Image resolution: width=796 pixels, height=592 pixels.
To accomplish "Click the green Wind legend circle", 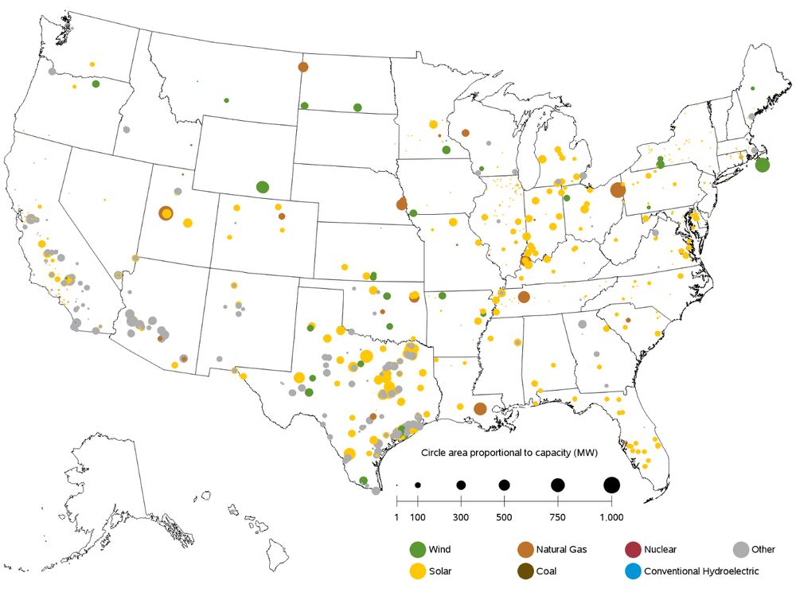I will click(417, 549).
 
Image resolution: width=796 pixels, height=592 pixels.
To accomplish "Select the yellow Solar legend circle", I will click(417, 571).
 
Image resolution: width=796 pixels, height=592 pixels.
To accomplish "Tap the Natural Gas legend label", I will click(562, 549).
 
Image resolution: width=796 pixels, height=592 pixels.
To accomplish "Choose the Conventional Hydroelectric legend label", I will click(701, 571).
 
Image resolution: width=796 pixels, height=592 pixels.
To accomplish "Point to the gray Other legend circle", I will click(741, 549).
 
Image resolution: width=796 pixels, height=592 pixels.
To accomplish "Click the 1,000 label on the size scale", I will click(611, 519).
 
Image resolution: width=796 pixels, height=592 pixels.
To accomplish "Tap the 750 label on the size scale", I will click(557, 519).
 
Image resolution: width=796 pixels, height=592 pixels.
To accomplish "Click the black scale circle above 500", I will click(504, 485).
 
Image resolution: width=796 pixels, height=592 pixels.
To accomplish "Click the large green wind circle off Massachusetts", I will click(762, 166).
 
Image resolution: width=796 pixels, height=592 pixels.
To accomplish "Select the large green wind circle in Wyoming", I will click(263, 188).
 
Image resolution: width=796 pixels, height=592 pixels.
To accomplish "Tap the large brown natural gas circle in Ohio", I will click(617, 189).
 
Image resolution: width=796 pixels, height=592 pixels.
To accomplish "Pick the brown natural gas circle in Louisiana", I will click(480, 409).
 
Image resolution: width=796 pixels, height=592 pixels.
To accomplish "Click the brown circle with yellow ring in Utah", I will click(166, 213).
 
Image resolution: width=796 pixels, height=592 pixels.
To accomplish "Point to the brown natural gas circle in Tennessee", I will click(524, 297).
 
